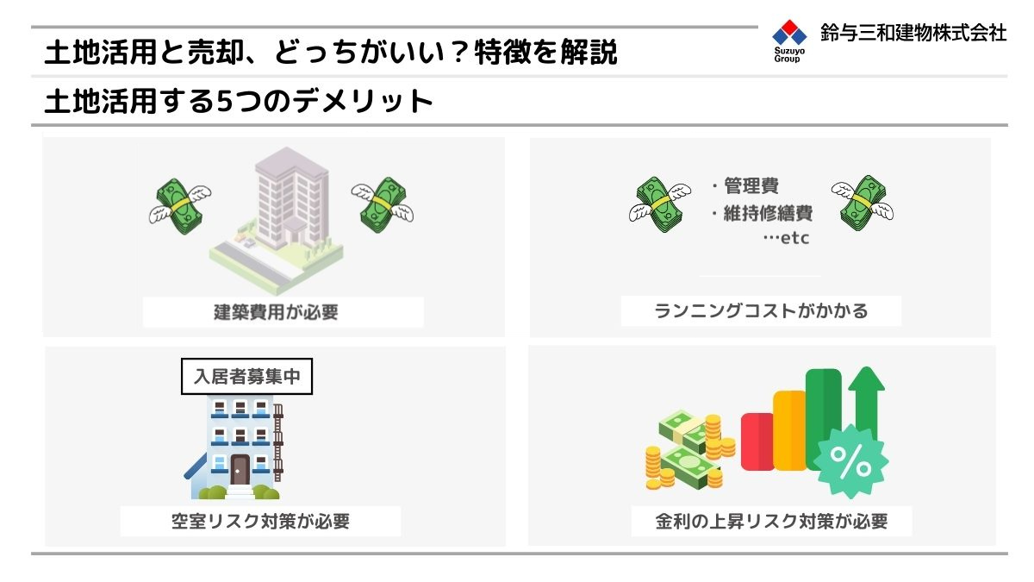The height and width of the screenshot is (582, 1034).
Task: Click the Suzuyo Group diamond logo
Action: click(789, 33)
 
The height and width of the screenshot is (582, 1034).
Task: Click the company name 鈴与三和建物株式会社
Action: click(913, 33)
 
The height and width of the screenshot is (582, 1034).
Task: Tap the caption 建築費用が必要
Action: click(276, 312)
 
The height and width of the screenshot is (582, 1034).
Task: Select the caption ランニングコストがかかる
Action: click(761, 311)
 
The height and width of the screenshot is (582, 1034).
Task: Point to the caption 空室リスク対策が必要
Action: click(261, 521)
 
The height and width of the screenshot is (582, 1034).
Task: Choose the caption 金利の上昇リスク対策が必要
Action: click(771, 521)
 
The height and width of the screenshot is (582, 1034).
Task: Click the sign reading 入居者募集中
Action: click(247, 377)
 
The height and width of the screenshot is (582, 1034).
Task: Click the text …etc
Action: click(786, 238)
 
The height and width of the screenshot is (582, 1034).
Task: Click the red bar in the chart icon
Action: click(757, 441)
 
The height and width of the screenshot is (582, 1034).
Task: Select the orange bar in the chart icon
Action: click(790, 430)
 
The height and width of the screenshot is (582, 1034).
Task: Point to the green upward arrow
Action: click(867, 403)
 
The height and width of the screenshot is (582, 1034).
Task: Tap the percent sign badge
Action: click(850, 462)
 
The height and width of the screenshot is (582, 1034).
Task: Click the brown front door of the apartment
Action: click(240, 470)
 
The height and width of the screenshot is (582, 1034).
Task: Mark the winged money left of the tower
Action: click(180, 206)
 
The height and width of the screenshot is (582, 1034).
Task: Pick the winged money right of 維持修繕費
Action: click(863, 203)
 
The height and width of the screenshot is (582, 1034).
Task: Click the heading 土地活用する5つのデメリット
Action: click(239, 101)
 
